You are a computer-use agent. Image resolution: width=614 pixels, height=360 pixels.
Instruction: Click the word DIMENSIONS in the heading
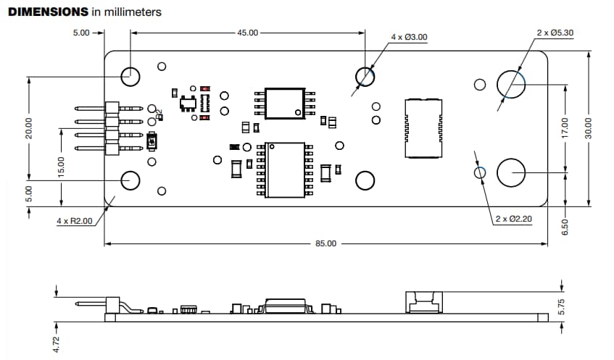pyautogui.click(x=49, y=12)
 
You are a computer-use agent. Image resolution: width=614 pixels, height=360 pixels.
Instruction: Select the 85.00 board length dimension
pyautogui.click(x=326, y=243)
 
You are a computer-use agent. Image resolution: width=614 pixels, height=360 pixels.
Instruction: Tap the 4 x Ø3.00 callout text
pyautogui.click(x=409, y=37)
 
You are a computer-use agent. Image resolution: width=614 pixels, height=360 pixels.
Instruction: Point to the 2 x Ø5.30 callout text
pyautogui.click(x=555, y=33)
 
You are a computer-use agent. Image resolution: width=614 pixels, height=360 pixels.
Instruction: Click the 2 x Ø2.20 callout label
pyautogui.click(x=514, y=218)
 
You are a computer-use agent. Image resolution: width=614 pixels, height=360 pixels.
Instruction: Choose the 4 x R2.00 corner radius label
pyautogui.click(x=75, y=221)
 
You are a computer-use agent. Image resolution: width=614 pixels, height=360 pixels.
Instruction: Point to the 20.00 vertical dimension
pyautogui.click(x=29, y=128)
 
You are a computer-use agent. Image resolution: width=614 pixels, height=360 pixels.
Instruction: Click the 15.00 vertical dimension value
pyautogui.click(x=62, y=166)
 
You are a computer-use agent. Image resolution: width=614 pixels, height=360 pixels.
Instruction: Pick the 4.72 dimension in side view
pyautogui.click(x=57, y=343)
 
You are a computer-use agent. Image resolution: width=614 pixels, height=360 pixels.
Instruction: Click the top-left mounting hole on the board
pyautogui.click(x=131, y=74)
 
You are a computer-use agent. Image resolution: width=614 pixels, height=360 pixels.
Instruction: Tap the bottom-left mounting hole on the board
pyautogui.click(x=131, y=180)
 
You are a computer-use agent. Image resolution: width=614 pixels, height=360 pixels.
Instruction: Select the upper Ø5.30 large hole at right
pyautogui.click(x=510, y=83)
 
